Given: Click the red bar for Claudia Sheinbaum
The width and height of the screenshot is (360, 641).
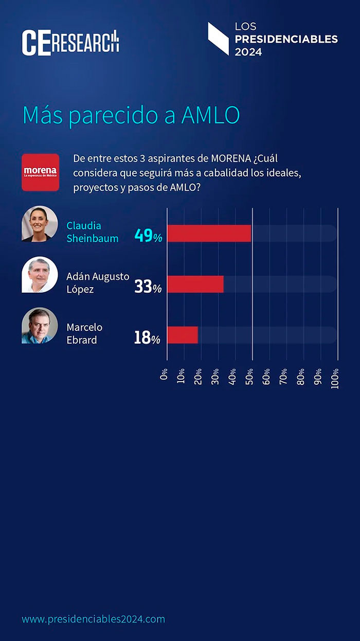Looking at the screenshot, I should click(209, 234).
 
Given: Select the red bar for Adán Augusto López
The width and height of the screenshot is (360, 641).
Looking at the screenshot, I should click(195, 284).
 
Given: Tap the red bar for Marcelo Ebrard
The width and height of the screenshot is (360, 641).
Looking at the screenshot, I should click(183, 335).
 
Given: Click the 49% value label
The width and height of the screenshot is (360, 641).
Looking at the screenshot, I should click(148, 236).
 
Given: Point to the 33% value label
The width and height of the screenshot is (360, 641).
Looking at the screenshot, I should click(148, 287).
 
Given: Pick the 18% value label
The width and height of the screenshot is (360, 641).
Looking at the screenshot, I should click(147, 337).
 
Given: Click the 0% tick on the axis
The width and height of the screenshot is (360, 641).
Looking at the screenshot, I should click(165, 374).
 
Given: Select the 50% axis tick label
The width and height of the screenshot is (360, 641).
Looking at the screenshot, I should click(249, 377).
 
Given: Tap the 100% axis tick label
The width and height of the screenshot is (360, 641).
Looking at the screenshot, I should click(335, 379).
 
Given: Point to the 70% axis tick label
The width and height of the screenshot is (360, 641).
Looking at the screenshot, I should click(283, 377).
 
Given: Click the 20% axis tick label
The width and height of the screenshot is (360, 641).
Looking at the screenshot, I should click(199, 377).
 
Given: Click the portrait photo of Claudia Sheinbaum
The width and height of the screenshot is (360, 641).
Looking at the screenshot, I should click(40, 224).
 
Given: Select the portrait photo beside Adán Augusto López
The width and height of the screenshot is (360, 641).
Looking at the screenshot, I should click(40, 275).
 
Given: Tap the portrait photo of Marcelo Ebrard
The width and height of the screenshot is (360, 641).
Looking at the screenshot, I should click(40, 326).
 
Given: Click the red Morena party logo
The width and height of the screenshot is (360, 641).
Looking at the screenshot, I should click(40, 172).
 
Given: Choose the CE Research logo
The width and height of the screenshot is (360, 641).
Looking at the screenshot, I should click(70, 42).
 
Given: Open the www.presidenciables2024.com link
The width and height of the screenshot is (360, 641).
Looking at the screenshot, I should click(93, 619).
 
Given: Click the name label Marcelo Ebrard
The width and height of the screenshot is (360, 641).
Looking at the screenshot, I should click(84, 333).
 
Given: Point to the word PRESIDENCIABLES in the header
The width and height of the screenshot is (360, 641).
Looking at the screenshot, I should click(286, 39).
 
